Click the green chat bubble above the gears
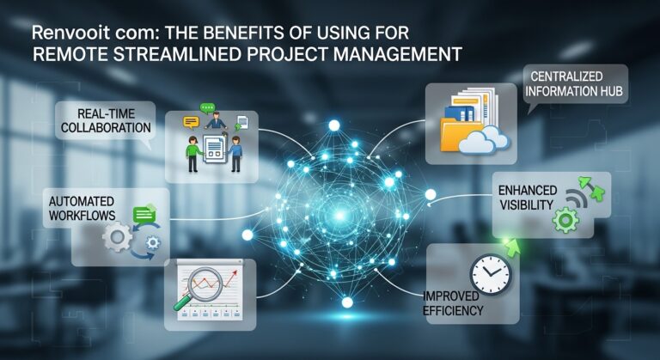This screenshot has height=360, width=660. (x=144, y=215)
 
